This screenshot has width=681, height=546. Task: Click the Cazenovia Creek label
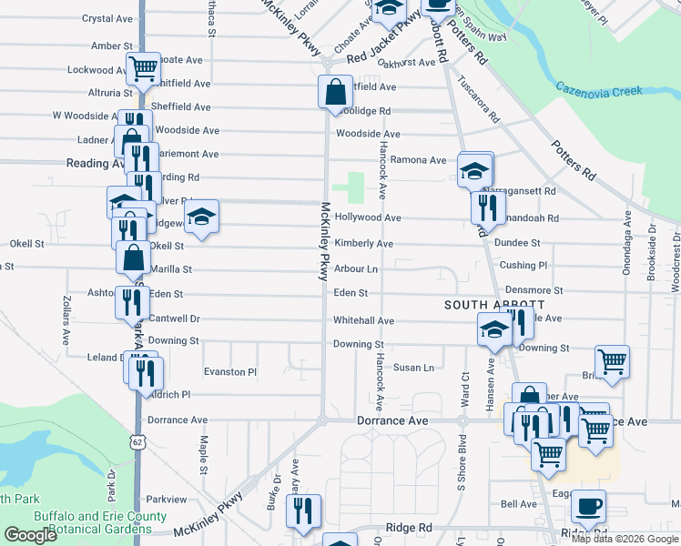[x=599, y=91]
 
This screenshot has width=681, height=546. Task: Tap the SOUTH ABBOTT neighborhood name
[x=494, y=305]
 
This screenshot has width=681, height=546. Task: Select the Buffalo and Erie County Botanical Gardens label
[x=100, y=522]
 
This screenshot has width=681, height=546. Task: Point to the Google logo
[x=30, y=535]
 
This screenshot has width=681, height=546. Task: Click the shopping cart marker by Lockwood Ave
[x=143, y=67]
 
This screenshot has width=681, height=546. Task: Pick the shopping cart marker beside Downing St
[x=613, y=360]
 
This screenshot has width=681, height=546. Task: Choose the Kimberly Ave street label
[x=363, y=244]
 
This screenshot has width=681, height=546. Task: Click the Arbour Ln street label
[x=355, y=269]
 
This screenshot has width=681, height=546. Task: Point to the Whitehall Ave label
[x=363, y=321]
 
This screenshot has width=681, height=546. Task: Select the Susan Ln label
[x=413, y=368]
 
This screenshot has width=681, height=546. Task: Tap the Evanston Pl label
[x=230, y=372]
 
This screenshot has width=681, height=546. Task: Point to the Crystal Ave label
[x=107, y=18]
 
